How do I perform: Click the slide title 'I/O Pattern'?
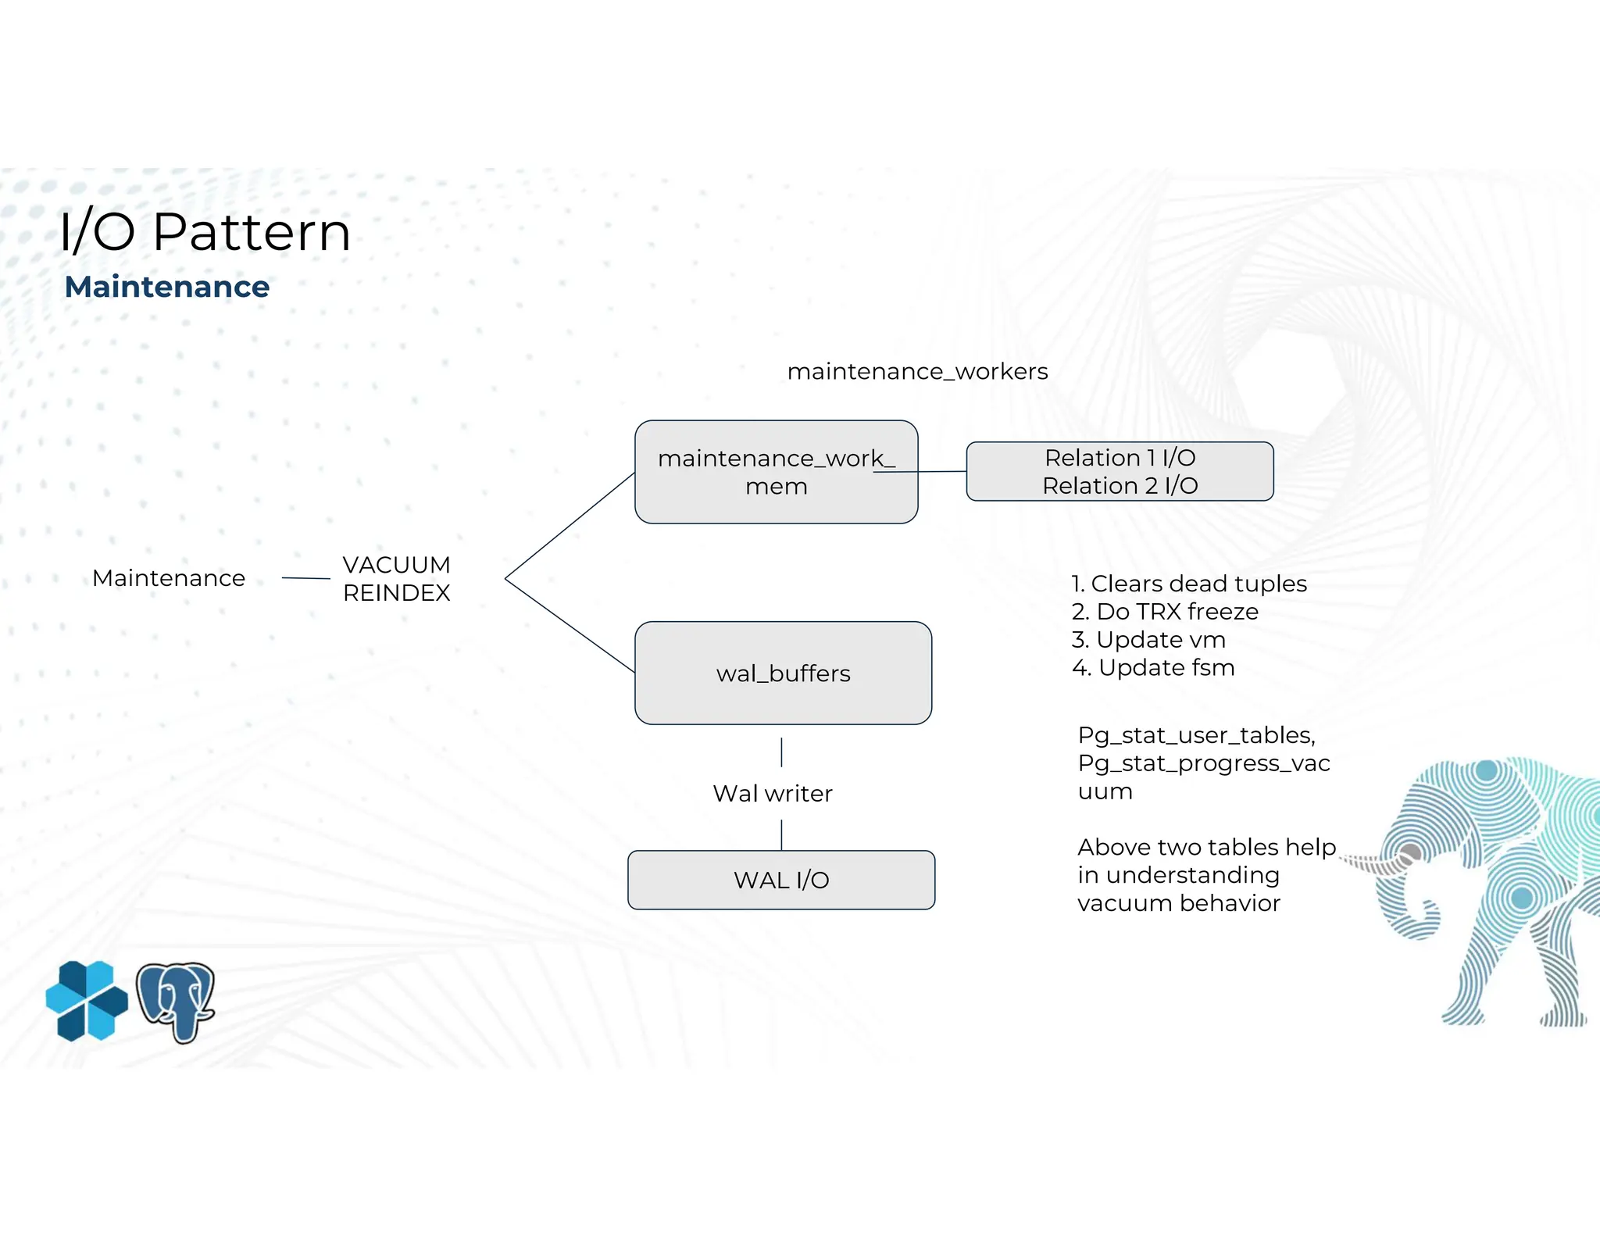(205, 232)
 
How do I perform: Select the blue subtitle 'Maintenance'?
(167, 287)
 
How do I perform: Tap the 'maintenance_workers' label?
(917, 371)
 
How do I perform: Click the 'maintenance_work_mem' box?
(776, 472)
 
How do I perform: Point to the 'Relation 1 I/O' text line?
(1120, 458)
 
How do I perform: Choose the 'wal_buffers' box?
(783, 673)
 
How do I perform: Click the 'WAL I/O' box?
(781, 880)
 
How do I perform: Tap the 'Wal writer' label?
(773, 794)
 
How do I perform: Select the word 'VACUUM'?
(396, 565)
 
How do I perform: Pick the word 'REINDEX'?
(396, 593)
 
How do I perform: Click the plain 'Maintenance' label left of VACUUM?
(169, 578)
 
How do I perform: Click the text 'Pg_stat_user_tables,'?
(1196, 735)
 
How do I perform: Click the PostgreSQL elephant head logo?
(176, 1002)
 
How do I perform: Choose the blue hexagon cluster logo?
(87, 1001)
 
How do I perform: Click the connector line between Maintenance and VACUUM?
(305, 578)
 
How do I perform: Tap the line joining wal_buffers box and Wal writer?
(781, 752)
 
